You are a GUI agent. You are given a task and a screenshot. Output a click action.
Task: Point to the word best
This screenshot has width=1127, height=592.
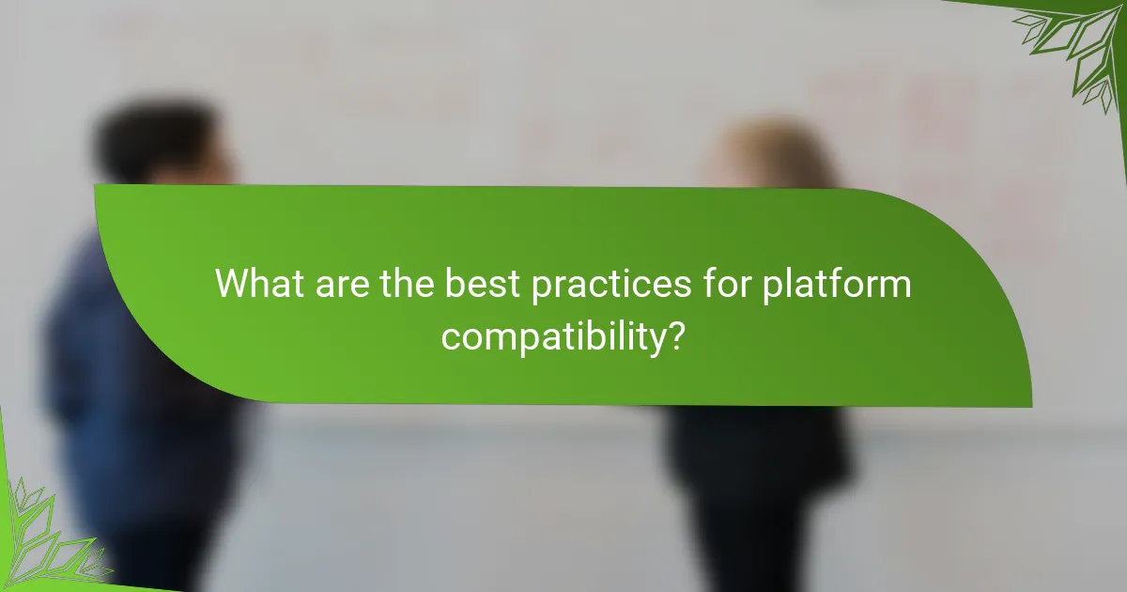484,283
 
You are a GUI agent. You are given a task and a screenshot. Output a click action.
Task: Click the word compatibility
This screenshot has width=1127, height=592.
549,335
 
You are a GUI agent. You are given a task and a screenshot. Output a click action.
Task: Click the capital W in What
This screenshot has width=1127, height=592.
232,283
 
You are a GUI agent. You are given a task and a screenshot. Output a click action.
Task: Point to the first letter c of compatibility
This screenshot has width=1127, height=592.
451,337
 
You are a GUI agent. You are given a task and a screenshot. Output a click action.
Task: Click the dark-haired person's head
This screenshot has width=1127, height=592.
160,150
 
